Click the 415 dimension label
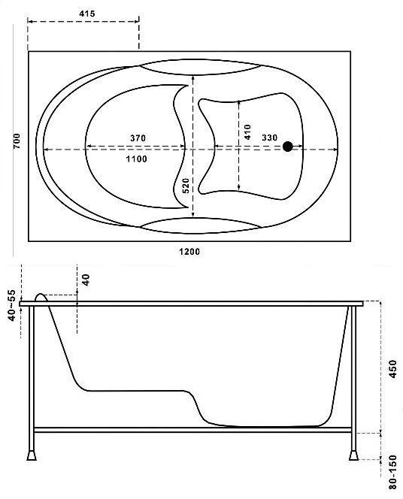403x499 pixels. (x=87, y=14)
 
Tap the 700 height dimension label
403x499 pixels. (x=17, y=141)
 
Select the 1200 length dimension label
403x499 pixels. (x=189, y=252)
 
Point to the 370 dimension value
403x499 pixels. (x=138, y=138)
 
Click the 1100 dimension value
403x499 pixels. (x=137, y=159)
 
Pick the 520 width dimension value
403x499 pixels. (x=186, y=186)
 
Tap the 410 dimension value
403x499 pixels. (x=247, y=132)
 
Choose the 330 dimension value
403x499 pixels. (x=269, y=138)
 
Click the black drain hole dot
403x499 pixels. (x=288, y=147)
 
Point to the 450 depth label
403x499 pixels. (x=393, y=369)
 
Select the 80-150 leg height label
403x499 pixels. (x=393, y=472)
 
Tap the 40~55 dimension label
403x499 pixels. (x=11, y=305)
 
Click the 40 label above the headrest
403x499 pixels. (x=86, y=280)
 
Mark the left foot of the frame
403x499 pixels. (x=32, y=455)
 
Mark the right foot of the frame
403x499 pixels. (x=353, y=455)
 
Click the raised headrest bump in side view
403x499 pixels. (x=41, y=297)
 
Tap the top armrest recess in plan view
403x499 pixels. (x=200, y=67)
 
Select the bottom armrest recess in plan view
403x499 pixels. (x=200, y=225)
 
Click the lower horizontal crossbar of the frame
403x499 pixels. (x=192, y=430)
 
